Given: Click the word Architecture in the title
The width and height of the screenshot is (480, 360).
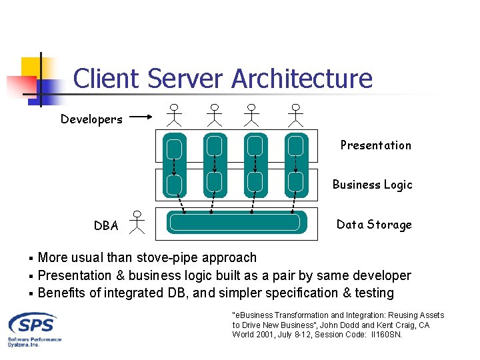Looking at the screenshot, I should coord(301,79).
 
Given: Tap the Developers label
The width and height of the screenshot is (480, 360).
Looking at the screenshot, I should coord(91,119).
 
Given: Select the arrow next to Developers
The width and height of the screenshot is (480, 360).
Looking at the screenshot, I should coord(142,118).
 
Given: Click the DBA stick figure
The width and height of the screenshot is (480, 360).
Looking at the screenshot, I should coord(137,221).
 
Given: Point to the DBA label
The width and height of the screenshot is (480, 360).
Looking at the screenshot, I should coord(106,225).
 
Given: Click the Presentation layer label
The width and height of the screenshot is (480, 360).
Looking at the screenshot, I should coord(375,145).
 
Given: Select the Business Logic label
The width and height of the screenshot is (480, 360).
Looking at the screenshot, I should coord(372,185).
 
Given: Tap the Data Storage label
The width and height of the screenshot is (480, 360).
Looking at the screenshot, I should coord(373,225).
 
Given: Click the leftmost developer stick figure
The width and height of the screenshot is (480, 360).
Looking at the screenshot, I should coord(174,115).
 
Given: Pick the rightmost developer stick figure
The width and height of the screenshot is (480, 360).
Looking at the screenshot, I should coord(295,115).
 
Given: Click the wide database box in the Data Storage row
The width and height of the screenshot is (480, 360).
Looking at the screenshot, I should coord(237,223).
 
